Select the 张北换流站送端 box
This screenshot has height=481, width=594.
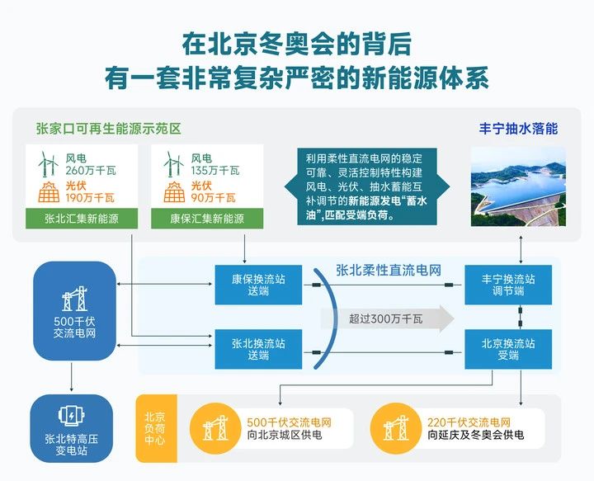click(x=249, y=349)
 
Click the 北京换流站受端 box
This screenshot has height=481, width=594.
click(x=508, y=349)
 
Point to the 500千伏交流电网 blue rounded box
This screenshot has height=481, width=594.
click(x=73, y=311)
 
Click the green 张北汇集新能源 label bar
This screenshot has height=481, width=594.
click(x=80, y=219)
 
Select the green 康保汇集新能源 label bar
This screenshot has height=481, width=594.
click(x=207, y=219)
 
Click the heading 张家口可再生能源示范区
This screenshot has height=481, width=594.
click(x=108, y=129)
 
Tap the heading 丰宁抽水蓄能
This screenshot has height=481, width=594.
click(x=518, y=129)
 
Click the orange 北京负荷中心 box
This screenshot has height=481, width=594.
click(x=153, y=428)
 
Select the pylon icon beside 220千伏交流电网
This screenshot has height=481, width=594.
click(x=396, y=428)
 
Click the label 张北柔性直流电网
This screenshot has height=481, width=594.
click(x=388, y=270)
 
